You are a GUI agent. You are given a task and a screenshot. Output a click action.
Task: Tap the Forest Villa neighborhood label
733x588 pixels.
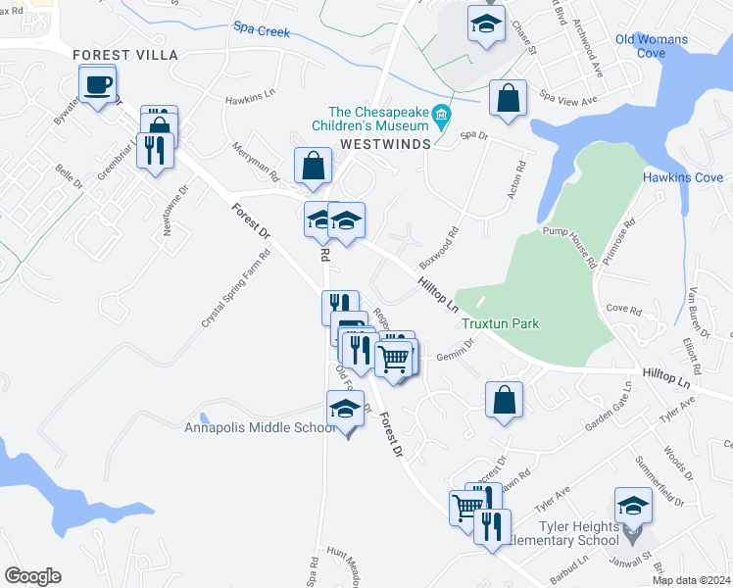(x=125, y=55)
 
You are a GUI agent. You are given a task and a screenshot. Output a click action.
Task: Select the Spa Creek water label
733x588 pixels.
(x=262, y=31)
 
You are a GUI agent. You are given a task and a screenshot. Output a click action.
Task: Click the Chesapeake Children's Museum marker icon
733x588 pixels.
(x=441, y=119)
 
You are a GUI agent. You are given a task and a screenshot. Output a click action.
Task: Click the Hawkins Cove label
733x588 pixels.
(x=683, y=177)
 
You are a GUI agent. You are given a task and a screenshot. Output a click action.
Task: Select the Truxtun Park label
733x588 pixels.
(x=501, y=323)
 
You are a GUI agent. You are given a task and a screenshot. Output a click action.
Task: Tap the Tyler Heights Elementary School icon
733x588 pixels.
(x=633, y=508)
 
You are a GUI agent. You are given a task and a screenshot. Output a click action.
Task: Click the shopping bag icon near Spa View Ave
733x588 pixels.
(x=508, y=99)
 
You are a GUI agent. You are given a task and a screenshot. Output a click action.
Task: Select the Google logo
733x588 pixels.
(x=32, y=576)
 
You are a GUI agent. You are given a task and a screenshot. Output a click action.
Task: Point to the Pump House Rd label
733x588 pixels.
(x=569, y=247)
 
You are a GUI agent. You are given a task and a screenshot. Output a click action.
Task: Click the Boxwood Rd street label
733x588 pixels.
(x=439, y=250)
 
